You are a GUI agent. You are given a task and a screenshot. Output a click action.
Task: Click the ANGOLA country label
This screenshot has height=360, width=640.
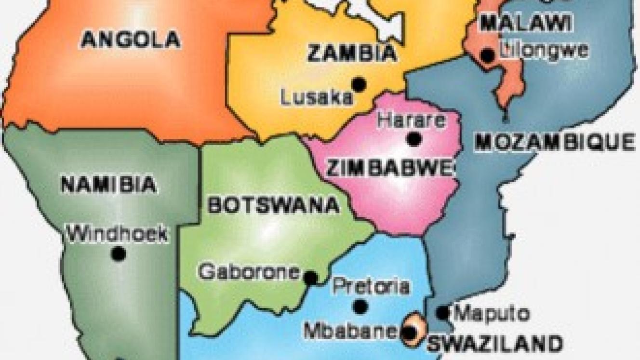coord(131,39)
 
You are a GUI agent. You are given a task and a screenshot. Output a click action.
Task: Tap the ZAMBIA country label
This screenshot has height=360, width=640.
coord(352,53)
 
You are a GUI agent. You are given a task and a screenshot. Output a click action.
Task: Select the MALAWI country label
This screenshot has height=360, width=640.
coord(526,22)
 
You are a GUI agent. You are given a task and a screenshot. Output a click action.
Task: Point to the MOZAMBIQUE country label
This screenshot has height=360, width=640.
coord(555,142)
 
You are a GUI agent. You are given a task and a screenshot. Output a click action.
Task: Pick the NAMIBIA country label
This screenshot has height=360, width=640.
coord(109,184)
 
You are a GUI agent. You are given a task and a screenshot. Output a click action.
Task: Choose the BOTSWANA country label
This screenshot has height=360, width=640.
coord(273,205)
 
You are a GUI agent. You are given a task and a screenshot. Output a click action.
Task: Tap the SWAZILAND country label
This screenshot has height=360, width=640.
coord(495,344)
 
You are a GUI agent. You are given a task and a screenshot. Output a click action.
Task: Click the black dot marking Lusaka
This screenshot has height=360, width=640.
coord(359,84)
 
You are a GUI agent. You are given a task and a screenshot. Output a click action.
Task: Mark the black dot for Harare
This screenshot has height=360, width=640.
coord(413,139)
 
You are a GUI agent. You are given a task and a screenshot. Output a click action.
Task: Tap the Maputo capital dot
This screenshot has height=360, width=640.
coord(443,313)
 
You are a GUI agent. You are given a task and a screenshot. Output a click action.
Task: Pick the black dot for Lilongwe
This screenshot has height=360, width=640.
coord(488,55)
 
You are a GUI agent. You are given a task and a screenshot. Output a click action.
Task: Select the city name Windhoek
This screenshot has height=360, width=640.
coord(117,234)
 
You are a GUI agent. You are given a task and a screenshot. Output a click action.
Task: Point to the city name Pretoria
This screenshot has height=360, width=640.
coord(371,286)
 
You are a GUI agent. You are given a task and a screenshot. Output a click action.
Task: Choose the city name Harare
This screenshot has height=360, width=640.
coord(411,120)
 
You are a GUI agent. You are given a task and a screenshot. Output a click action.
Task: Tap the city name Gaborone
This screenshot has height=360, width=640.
coord(249,272)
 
